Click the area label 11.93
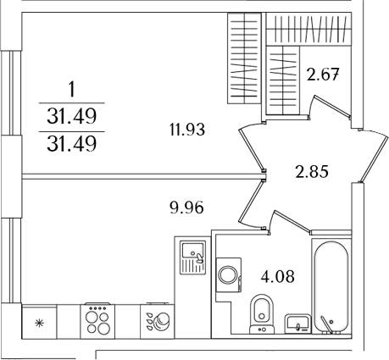tap(187, 130)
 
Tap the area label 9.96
tap(186, 208)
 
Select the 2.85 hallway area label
tap(312, 172)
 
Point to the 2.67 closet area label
tap(322, 75)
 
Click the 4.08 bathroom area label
tap(278, 277)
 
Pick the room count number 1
tap(72, 90)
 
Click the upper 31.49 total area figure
tap(72, 116)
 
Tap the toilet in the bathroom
tap(262, 313)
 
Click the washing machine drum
tap(229, 274)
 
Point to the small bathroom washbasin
tap(297, 324)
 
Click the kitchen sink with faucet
tap(193, 257)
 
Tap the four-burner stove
tap(97, 321)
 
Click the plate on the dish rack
tap(163, 320)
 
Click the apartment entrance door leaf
tap(374, 158)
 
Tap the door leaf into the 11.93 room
tap(251, 150)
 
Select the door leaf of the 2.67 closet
tap(331, 106)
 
